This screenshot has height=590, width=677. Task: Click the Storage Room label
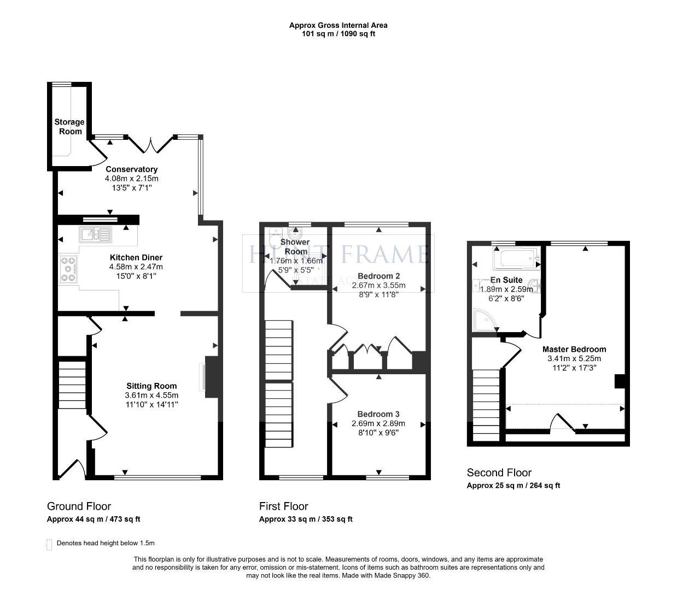point(69,126)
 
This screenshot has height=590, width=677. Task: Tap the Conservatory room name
point(131,169)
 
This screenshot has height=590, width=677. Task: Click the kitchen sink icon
point(95,234)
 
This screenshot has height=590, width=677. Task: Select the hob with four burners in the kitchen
point(68,269)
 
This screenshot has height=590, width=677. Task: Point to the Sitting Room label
point(151,386)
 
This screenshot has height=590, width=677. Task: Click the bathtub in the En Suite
point(516,258)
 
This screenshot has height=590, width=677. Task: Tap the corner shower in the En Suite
point(483,321)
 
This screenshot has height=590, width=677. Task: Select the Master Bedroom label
point(574,350)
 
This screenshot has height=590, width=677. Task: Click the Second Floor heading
point(499,473)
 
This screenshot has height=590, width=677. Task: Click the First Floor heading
point(283,506)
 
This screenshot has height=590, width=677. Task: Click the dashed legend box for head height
point(49,544)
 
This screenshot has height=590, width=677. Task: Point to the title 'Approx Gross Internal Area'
point(338,25)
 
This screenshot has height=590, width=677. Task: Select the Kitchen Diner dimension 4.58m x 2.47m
point(136,267)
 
